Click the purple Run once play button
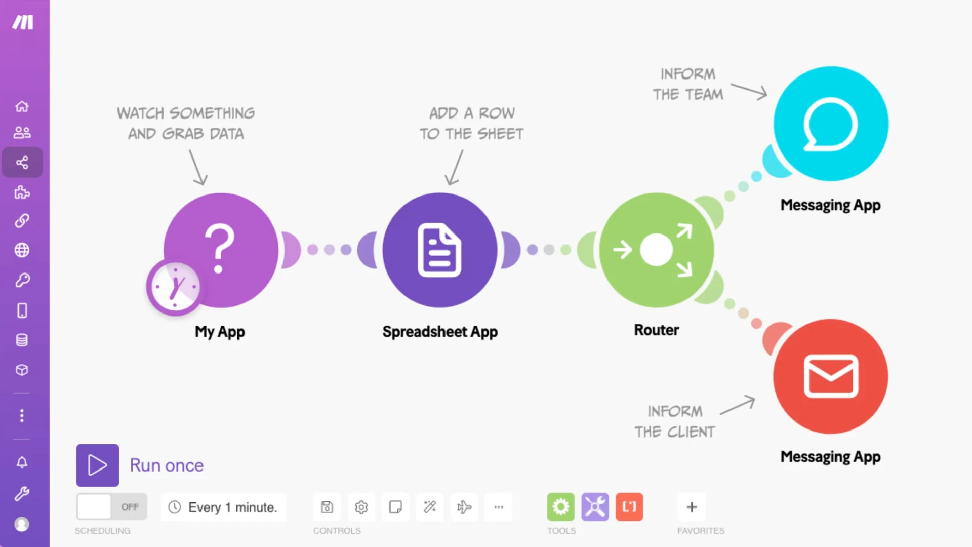(x=98, y=465)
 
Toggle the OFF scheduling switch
(x=112, y=506)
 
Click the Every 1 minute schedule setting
(x=224, y=507)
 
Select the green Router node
(x=657, y=250)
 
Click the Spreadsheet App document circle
(x=439, y=250)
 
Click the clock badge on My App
(x=175, y=287)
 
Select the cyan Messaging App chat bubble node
(x=831, y=124)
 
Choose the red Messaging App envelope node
(x=831, y=376)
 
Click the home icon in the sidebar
(x=22, y=106)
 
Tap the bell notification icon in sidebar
(x=22, y=462)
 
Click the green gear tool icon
(x=561, y=506)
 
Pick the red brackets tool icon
(x=629, y=506)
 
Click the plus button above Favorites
(x=692, y=506)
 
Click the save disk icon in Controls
(x=327, y=506)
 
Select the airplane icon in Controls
(x=464, y=506)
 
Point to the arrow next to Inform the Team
(x=749, y=91)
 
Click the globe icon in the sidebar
(x=22, y=250)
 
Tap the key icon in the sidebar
(x=22, y=280)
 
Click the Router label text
(x=657, y=330)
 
